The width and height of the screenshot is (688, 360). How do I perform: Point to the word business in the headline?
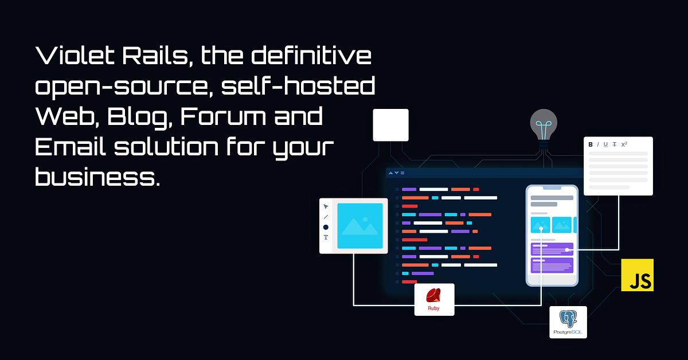95,177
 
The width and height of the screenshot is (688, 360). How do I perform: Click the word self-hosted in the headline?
298,87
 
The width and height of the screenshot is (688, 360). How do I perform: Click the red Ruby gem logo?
434,295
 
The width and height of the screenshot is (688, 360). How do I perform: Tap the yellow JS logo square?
638,275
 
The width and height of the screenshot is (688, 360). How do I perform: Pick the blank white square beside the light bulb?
390,125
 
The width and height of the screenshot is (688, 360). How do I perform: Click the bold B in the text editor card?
591,144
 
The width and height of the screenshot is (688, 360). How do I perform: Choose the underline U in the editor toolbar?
605,144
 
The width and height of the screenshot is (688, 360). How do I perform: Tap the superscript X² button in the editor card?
624,144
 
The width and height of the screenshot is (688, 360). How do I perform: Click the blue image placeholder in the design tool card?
359,226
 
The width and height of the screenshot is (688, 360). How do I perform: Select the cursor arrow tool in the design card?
326,206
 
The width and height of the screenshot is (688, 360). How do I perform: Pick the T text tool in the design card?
326,237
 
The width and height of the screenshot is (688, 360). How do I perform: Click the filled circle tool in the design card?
326,227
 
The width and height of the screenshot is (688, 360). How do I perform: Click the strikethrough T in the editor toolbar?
615,144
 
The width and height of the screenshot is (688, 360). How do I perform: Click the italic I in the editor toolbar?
598,144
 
